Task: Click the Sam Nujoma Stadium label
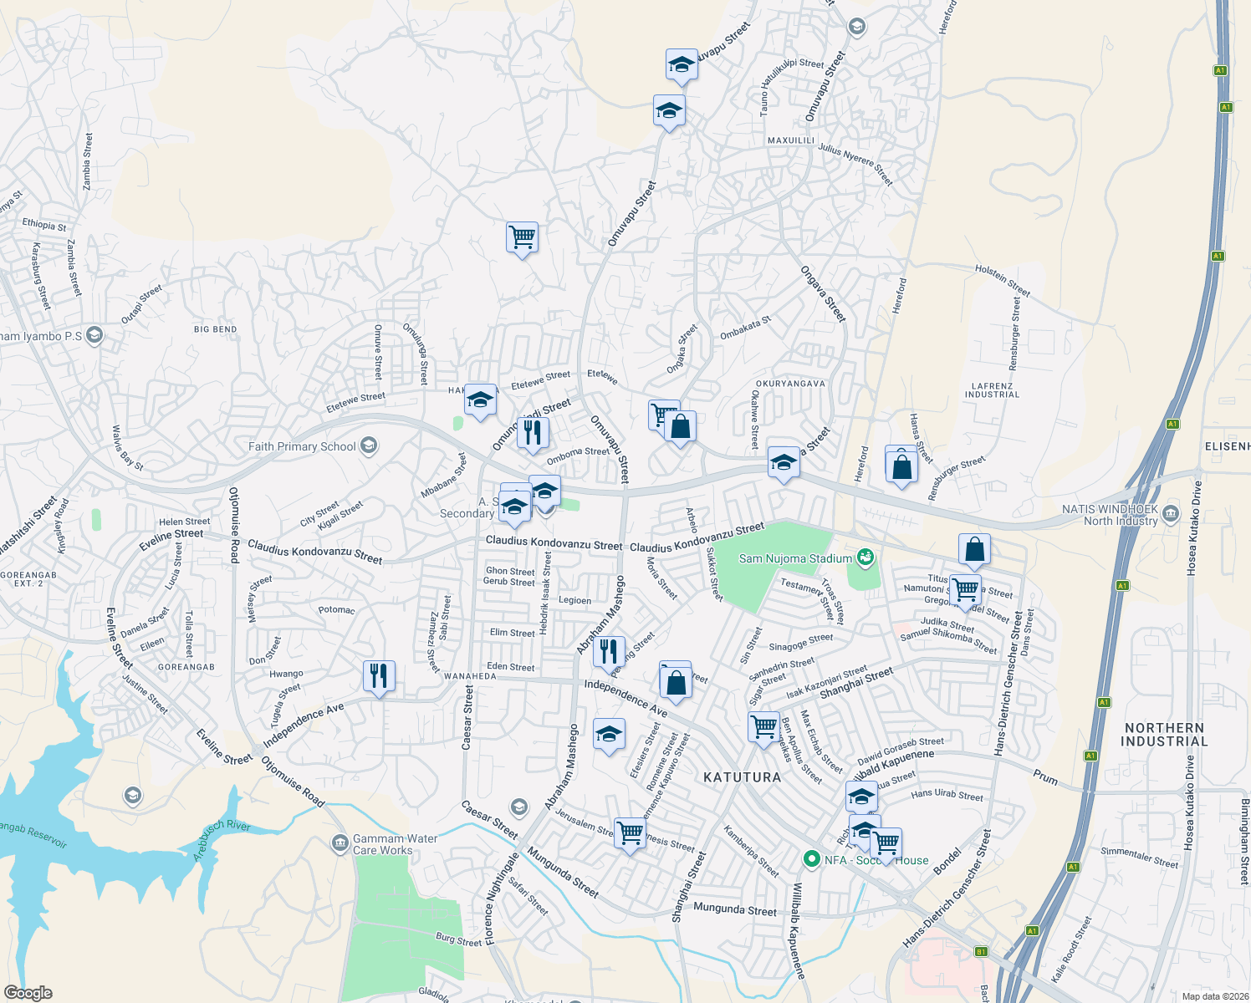click(x=795, y=558)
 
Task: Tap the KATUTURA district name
click(x=742, y=777)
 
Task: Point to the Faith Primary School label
click(x=302, y=446)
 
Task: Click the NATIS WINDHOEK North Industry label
click(x=1110, y=515)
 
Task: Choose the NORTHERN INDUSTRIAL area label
click(x=1164, y=735)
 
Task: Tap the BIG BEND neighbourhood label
click(x=215, y=329)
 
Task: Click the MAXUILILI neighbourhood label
click(x=791, y=140)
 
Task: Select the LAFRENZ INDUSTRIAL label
click(x=993, y=390)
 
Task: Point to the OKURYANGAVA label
click(x=790, y=384)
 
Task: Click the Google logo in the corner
click(x=28, y=993)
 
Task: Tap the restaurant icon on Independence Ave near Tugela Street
click(x=379, y=675)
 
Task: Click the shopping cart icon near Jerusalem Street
click(x=630, y=832)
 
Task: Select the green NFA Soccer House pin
click(x=810, y=858)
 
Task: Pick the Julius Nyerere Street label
click(x=855, y=164)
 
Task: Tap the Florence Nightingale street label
click(x=502, y=899)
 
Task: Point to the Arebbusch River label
click(x=222, y=839)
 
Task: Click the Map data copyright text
click(x=1212, y=996)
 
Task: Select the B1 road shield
click(x=982, y=951)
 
